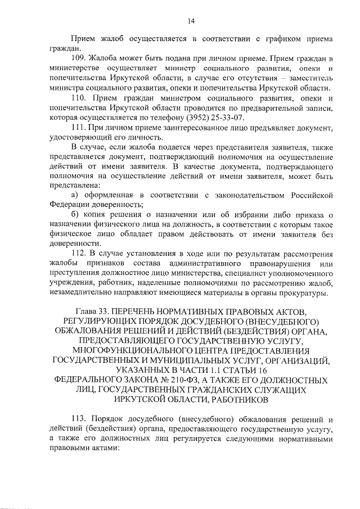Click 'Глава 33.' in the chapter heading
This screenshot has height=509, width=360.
tap(92, 311)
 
